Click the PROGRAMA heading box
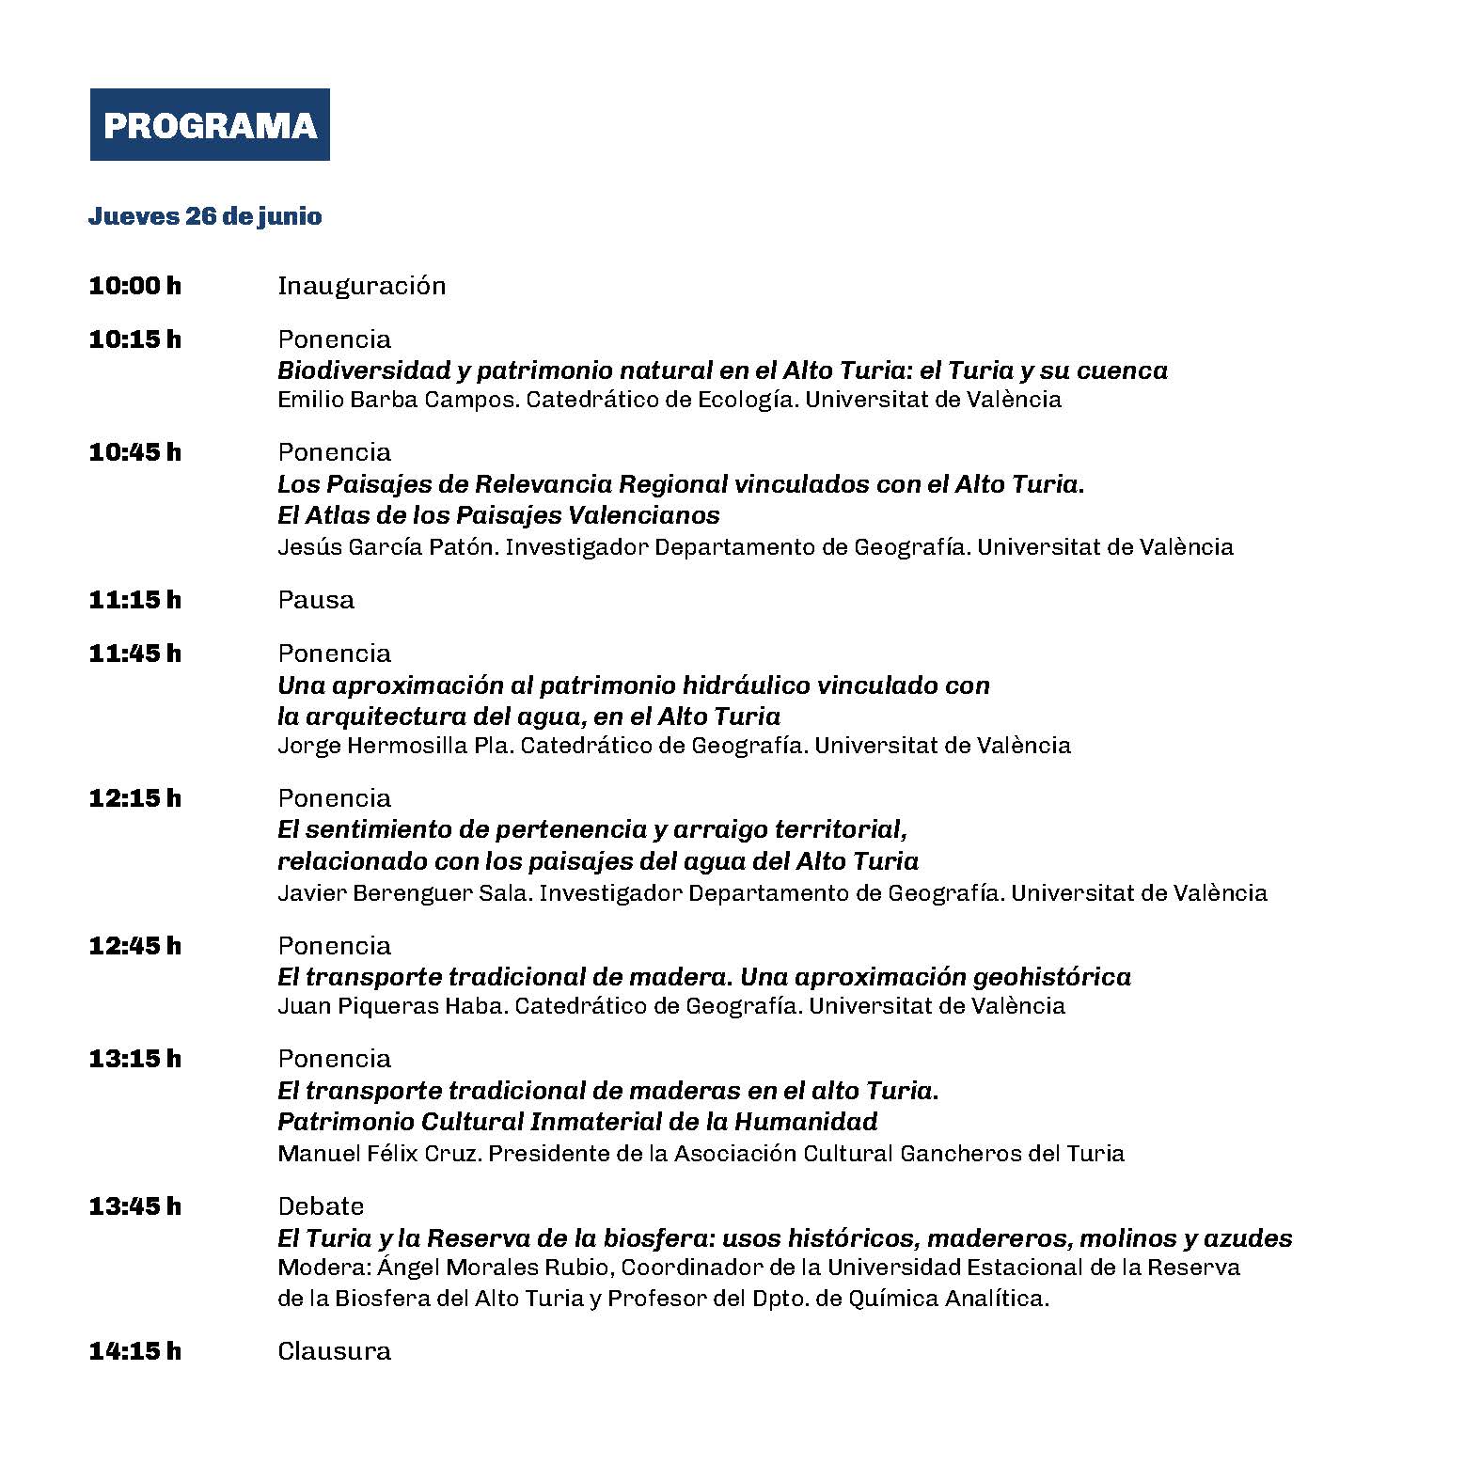click(x=210, y=125)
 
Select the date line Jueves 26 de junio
click(x=205, y=216)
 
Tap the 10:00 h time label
click(x=134, y=286)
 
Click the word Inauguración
click(x=361, y=286)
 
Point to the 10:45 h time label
click(x=134, y=452)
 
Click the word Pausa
click(x=316, y=600)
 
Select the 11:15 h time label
click(x=134, y=600)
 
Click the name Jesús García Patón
click(x=386, y=547)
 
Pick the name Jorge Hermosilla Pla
click(x=395, y=746)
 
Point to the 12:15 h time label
click(x=134, y=798)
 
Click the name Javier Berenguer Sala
click(x=405, y=892)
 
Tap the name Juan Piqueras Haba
click(x=392, y=1006)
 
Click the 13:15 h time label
click(x=134, y=1059)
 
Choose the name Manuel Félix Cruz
click(x=379, y=1154)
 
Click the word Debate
click(x=321, y=1206)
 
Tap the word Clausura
click(x=334, y=1352)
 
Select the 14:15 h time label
click(x=134, y=1352)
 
